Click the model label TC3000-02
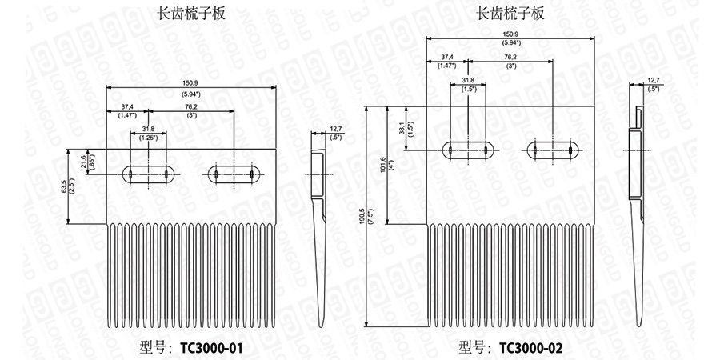coord(530,347)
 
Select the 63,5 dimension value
coord(64,186)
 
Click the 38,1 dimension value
coord(402,128)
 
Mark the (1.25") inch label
coord(148,138)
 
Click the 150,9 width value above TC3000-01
coord(191,83)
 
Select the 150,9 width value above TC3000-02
coord(510,34)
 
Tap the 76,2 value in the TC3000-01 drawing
coord(191,106)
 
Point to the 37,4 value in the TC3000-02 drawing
coord(447,58)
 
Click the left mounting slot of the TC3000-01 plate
coord(148,174)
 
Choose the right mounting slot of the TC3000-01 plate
coord(234,174)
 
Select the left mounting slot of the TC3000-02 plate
coord(469,150)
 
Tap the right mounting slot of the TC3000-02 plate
coord(553,150)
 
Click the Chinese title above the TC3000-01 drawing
coord(191,13)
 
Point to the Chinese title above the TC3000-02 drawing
coord(511,13)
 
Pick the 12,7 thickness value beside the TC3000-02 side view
coord(653,80)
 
